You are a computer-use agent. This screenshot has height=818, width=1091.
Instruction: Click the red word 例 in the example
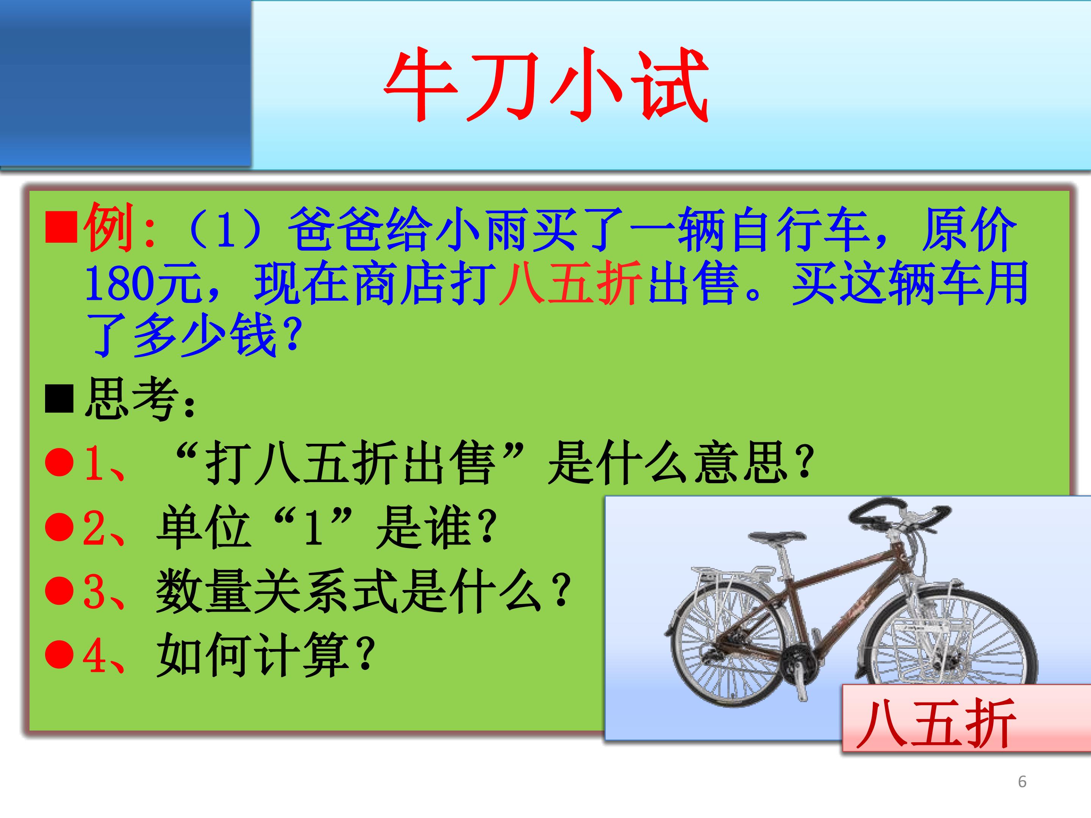coord(108,228)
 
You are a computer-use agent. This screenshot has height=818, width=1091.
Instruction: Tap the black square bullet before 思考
coord(59,400)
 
